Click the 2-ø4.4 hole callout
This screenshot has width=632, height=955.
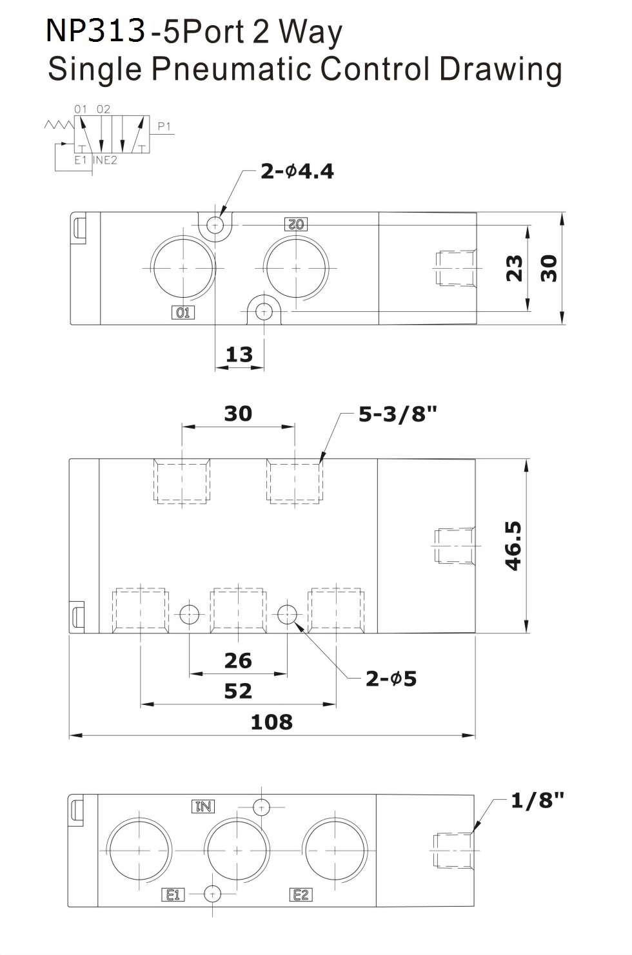[297, 171]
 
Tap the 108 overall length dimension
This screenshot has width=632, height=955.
[272, 722]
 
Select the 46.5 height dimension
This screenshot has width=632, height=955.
[513, 546]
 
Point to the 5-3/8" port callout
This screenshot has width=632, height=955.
[398, 414]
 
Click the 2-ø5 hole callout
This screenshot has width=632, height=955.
[391, 679]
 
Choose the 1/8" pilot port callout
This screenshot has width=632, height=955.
[537, 800]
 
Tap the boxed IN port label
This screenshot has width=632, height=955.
[203, 806]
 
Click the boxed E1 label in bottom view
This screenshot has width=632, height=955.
[173, 894]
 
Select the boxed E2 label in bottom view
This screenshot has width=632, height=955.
[301, 894]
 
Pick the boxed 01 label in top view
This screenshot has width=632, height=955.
[183, 313]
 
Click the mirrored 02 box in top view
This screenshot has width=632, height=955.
[296, 224]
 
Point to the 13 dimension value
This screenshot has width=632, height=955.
[239, 354]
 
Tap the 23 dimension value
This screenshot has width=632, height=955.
[514, 268]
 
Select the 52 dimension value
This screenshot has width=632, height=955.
[238, 691]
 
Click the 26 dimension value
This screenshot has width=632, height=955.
[238, 661]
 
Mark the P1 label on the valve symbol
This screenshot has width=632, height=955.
[164, 126]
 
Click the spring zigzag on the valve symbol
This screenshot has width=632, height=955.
[59, 124]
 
